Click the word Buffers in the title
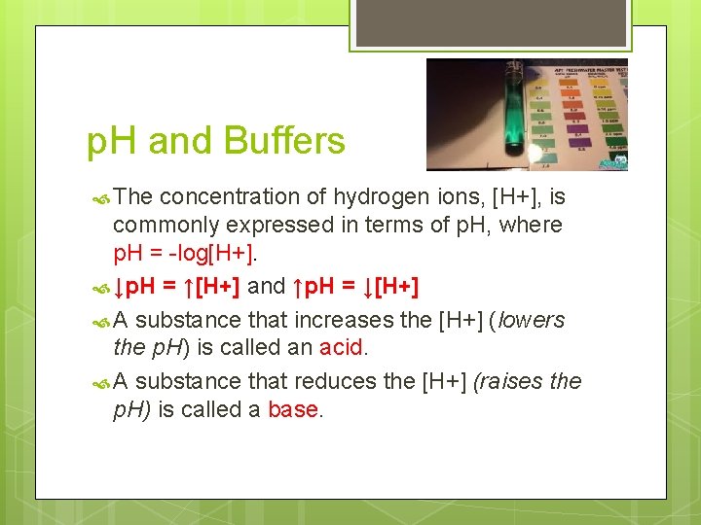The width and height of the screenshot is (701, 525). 283,142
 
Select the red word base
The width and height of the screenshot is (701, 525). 292,409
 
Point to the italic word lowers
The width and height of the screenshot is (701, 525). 531,320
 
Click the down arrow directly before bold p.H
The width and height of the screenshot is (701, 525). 119,288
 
